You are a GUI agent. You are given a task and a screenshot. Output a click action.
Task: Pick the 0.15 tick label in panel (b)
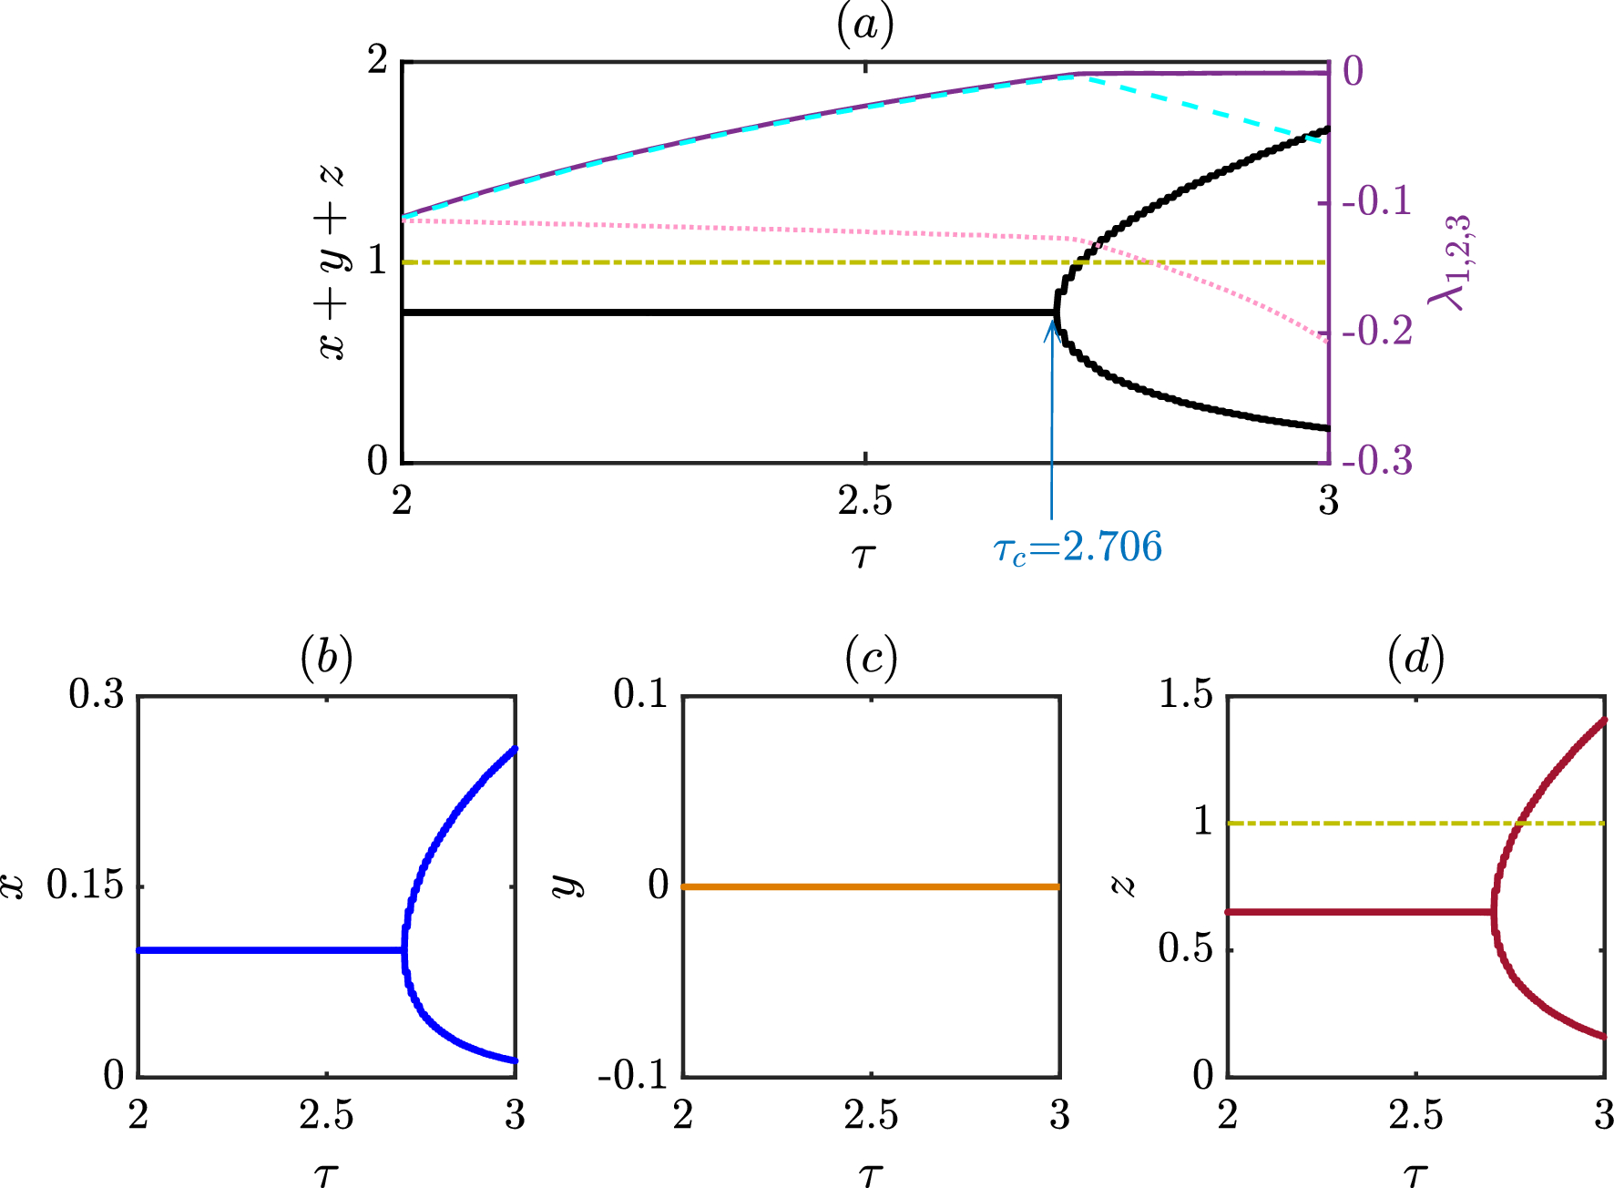[x=85, y=885]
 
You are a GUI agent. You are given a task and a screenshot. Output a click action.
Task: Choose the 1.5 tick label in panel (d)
[x=1185, y=695]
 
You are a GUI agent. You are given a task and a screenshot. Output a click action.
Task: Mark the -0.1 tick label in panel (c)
[x=633, y=1076]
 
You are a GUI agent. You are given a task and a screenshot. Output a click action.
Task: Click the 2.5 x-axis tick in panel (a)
[x=864, y=500]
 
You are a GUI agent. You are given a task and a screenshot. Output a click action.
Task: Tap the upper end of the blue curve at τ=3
[x=515, y=749]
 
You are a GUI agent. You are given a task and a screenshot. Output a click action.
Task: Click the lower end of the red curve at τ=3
[x=1603, y=1037]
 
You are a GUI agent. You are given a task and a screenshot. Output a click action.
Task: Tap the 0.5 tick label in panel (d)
[x=1185, y=949]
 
